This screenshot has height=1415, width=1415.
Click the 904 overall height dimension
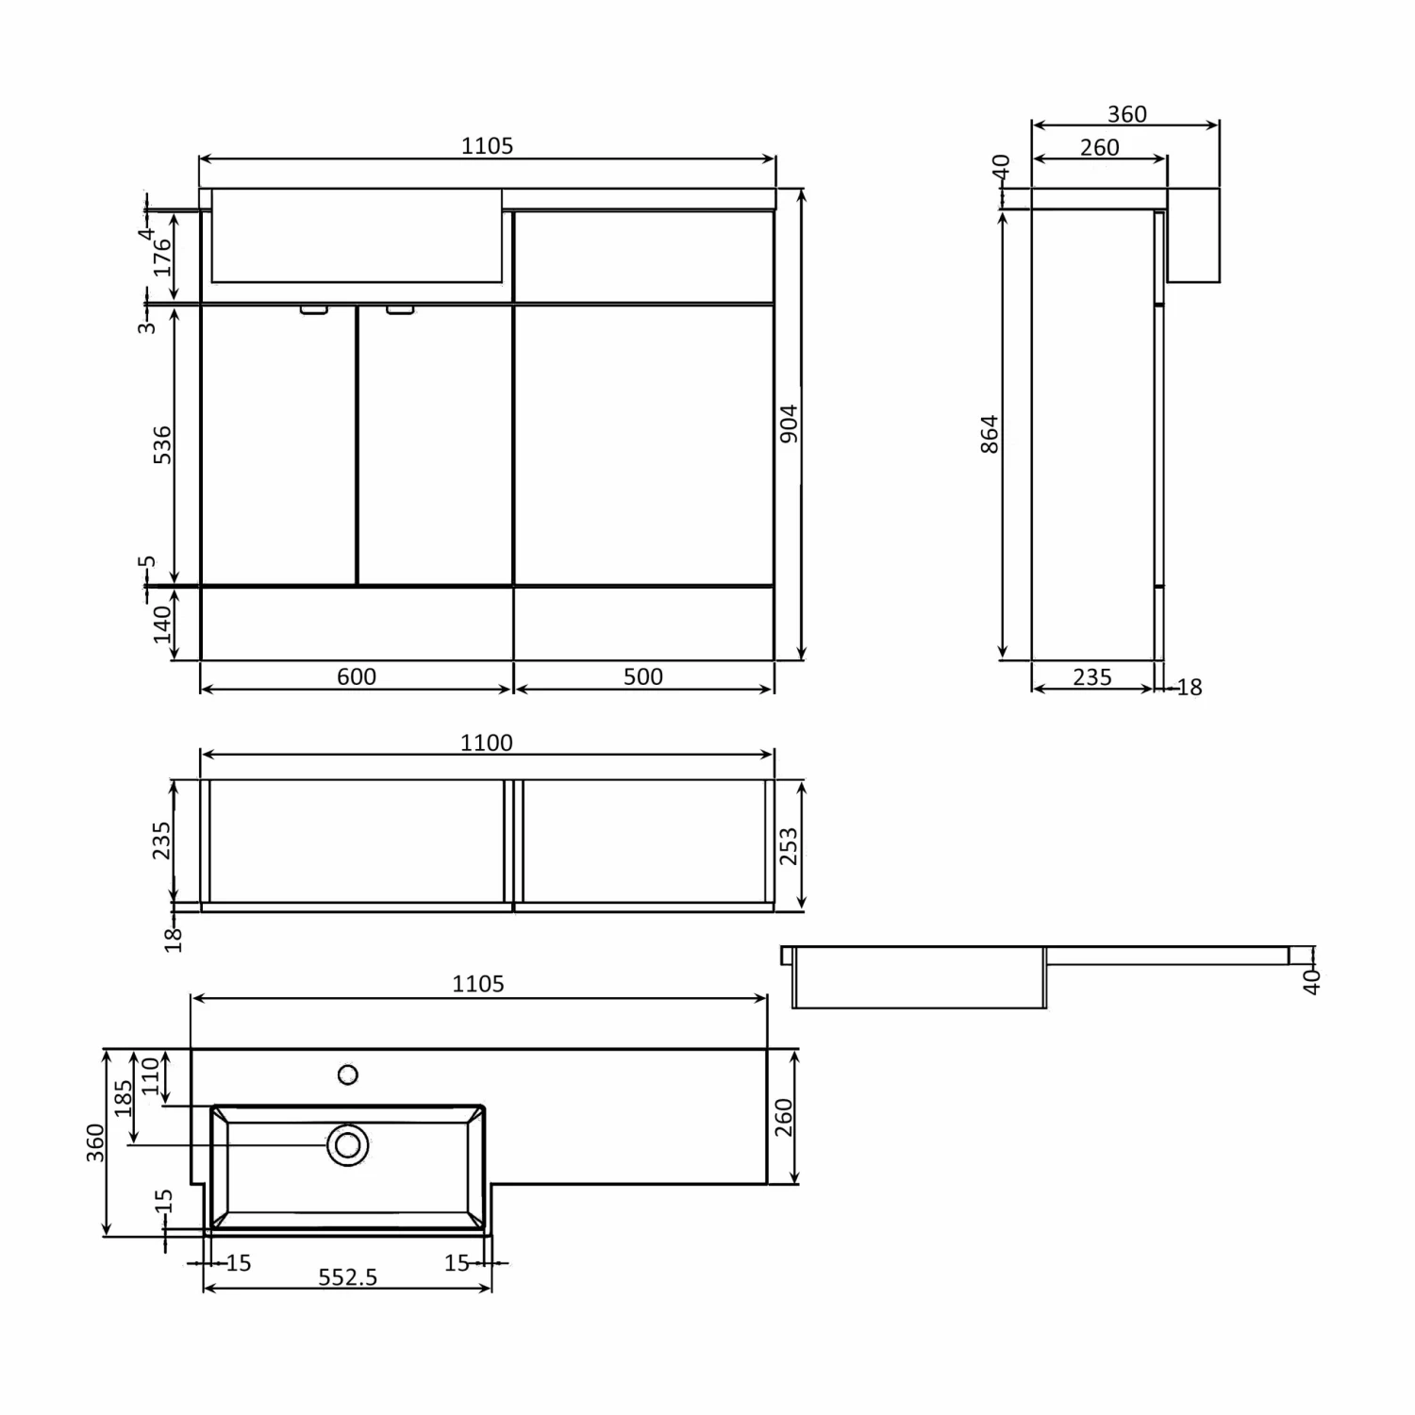pos(790,424)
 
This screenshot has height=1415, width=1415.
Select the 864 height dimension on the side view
pos(989,434)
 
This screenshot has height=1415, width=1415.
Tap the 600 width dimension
pos(356,676)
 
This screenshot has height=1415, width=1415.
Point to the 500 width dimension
pos(642,676)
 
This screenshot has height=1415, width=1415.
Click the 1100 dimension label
pos(486,743)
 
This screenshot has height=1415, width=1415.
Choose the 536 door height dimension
pos(162,444)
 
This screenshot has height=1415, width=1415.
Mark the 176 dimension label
pos(162,257)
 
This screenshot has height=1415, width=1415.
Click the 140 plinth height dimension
pos(162,624)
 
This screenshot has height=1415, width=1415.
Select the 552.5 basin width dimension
pos(347,1277)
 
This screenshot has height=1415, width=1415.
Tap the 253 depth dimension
pos(789,845)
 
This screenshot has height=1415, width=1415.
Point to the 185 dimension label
pos(124,1098)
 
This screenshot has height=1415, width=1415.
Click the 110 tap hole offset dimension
pos(151,1075)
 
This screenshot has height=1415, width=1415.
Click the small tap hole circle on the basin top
pos(348,1074)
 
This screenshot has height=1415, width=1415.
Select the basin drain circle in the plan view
pos(348,1145)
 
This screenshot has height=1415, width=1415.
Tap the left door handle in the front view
pos(313,308)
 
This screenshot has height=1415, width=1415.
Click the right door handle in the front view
pos(400,308)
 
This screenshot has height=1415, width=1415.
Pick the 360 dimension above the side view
pos(1126,114)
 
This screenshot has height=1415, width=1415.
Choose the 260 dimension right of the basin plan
pos(783,1117)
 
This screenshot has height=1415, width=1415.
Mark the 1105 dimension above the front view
pos(487,146)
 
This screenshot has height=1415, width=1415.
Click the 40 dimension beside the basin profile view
pos(1311,981)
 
